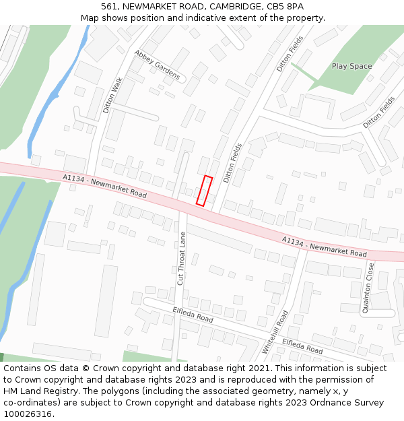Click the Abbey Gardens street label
tap(157, 65)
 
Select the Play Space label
tap(351, 66)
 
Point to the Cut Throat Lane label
tap(181, 258)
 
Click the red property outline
tap(204, 191)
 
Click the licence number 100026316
tap(28, 414)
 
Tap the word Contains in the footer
tap(22, 368)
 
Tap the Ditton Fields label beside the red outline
tap(232, 163)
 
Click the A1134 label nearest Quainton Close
tap(325, 247)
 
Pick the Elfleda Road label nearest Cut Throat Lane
tap(193, 314)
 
